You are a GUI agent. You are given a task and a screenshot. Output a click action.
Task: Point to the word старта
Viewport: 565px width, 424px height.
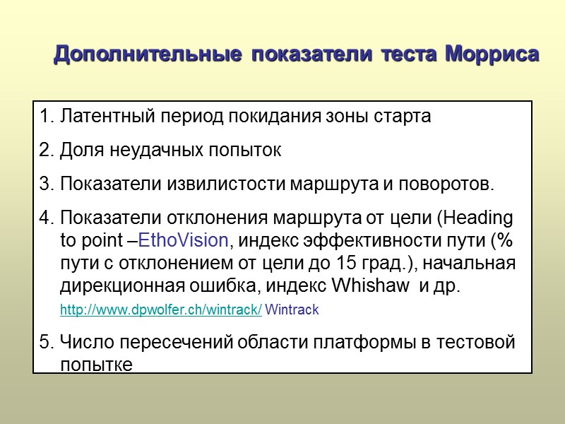pos(406,117)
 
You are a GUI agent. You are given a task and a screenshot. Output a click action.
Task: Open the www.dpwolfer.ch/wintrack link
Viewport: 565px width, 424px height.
pos(161,310)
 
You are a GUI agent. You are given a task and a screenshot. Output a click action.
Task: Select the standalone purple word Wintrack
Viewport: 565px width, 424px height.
pos(292,310)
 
